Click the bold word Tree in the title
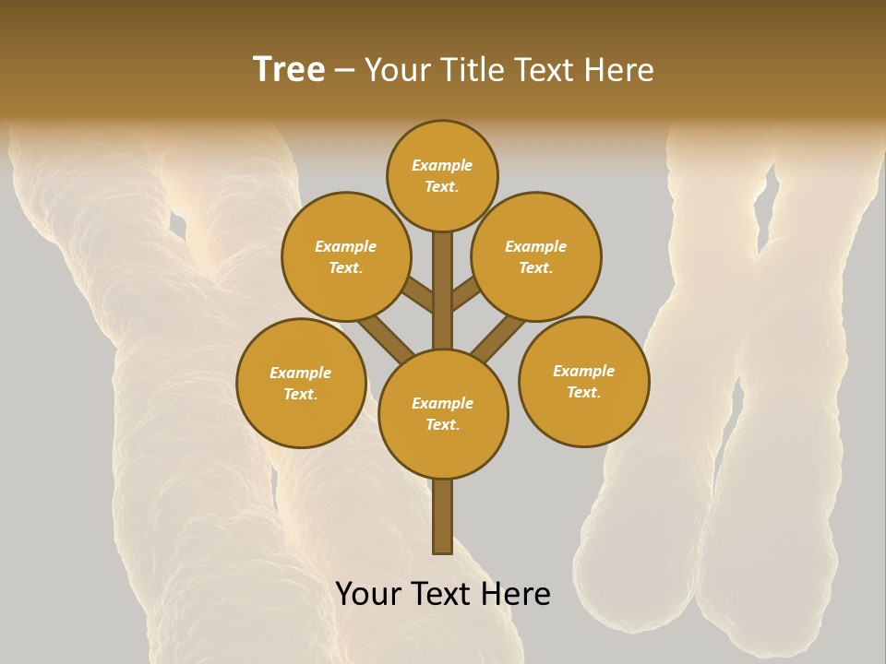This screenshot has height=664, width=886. (289, 70)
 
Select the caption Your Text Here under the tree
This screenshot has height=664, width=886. (443, 594)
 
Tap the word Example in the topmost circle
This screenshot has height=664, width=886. (442, 165)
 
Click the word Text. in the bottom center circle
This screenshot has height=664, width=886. (442, 424)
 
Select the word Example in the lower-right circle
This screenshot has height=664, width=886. (583, 371)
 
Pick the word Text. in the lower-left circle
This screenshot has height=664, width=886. (301, 394)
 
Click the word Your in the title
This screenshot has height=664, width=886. (397, 70)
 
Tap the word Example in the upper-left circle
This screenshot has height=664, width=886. (346, 246)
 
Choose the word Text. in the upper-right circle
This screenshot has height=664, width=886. (536, 267)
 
